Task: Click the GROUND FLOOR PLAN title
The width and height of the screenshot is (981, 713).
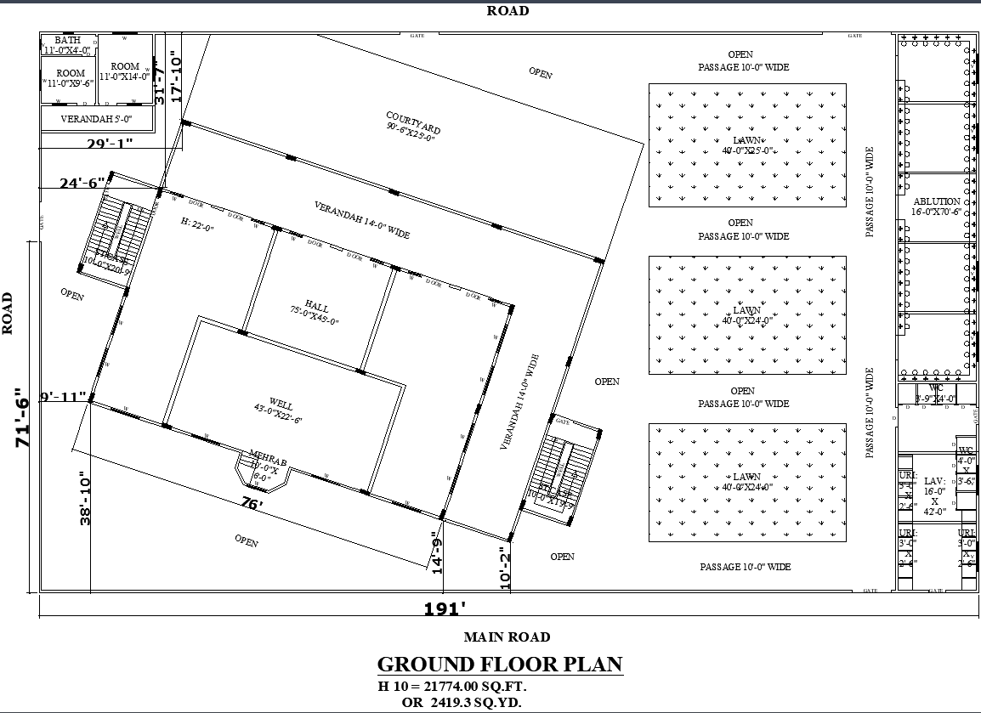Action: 500,664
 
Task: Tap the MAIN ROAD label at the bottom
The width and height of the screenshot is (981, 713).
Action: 507,637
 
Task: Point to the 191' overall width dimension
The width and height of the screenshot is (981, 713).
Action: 445,608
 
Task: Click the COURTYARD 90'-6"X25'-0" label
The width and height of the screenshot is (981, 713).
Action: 412,128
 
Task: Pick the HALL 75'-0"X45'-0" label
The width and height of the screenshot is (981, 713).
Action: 315,314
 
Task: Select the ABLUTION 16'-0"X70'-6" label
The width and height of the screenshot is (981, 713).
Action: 936,207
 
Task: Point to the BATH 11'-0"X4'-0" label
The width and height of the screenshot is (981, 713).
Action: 67,45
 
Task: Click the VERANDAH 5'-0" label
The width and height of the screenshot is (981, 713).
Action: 96,119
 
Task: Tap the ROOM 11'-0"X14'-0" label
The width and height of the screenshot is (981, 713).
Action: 125,71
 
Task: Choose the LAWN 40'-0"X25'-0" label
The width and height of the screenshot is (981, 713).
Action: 747,145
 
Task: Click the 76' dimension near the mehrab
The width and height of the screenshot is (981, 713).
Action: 252,504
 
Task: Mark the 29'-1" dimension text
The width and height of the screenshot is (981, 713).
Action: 110,144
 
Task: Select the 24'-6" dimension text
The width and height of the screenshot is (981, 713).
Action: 82,182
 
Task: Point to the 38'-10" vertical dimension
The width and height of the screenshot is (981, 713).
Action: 84,498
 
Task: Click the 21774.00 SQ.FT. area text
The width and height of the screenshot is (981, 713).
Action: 458,686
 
